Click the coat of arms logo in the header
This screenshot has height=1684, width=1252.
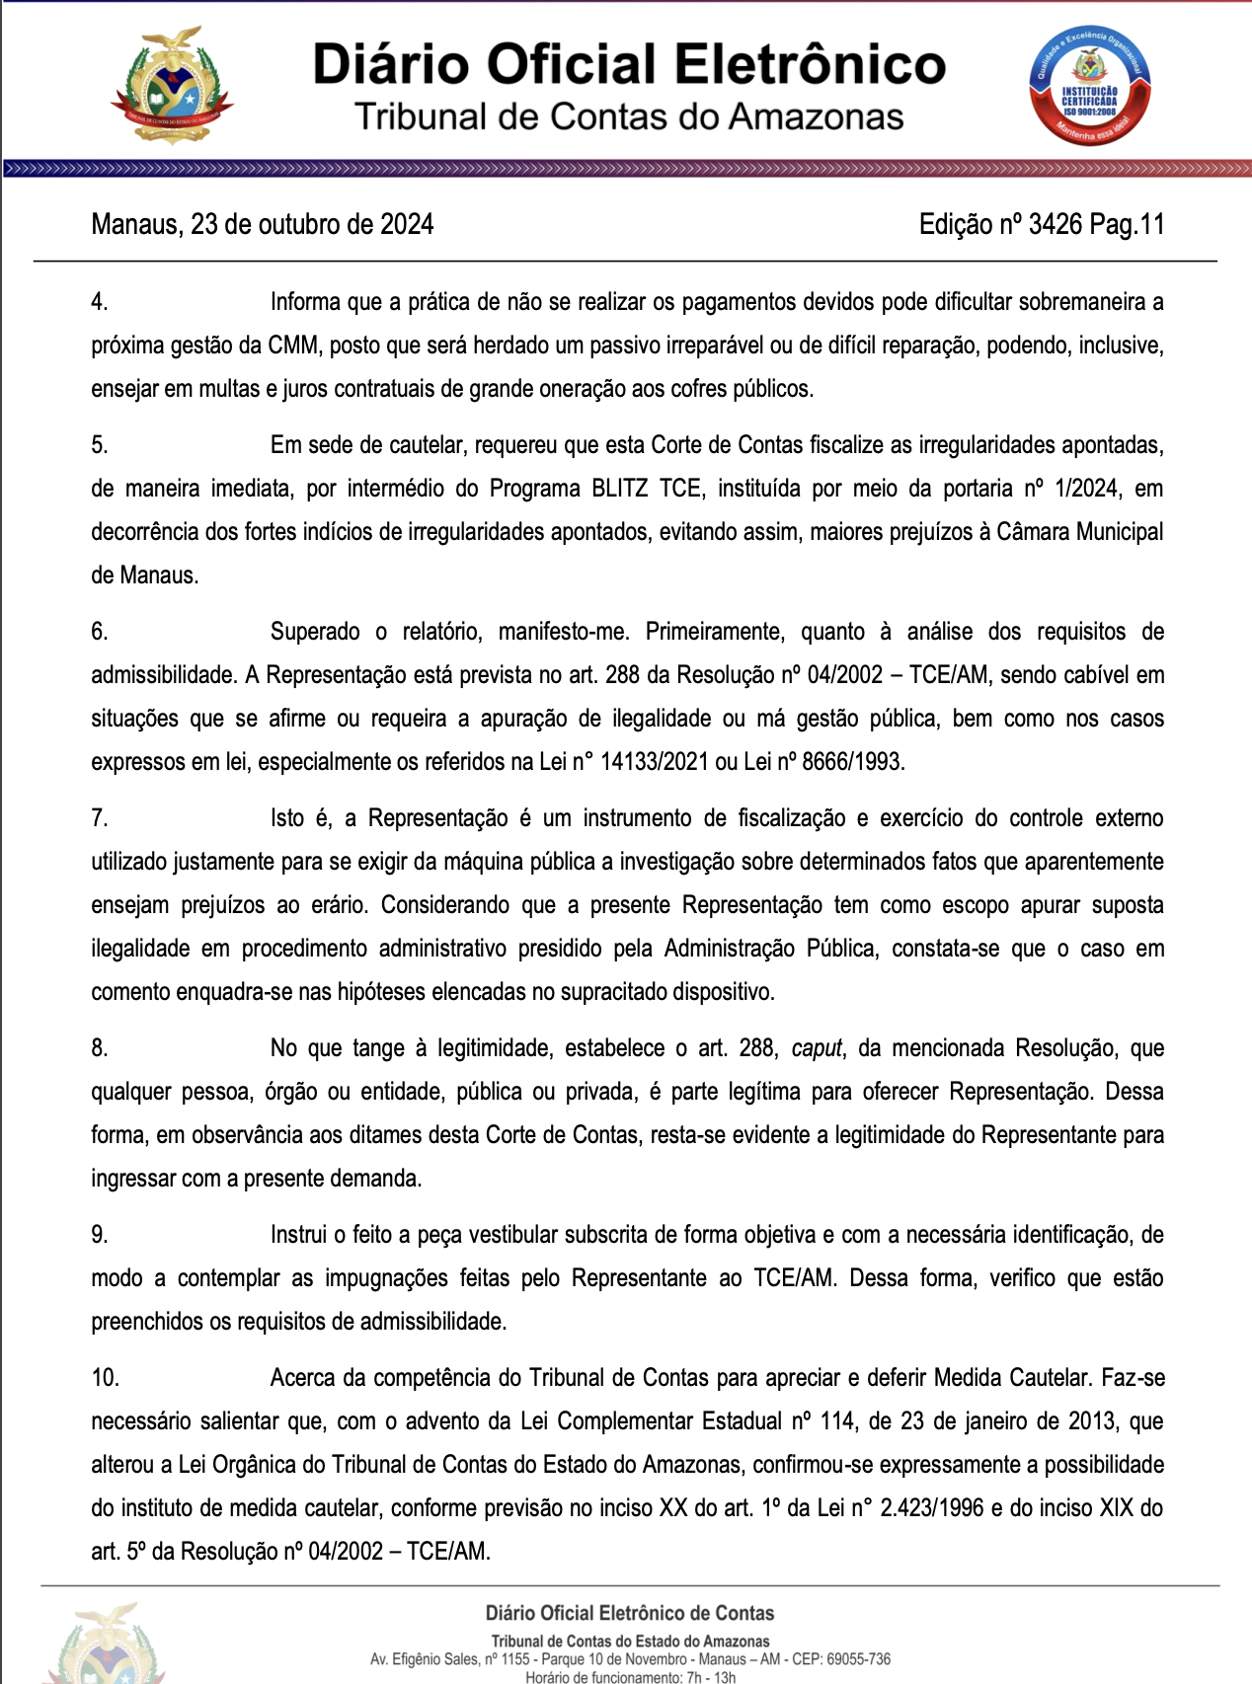[x=172, y=86]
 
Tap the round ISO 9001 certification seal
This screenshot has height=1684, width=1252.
[x=1090, y=87]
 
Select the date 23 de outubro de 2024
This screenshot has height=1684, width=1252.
[x=312, y=225]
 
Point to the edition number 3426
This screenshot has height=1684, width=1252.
[x=1055, y=225]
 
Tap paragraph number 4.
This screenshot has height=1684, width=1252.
[x=100, y=302]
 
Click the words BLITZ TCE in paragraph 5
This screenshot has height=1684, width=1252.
[x=647, y=489]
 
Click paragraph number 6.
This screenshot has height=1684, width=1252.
[x=100, y=632]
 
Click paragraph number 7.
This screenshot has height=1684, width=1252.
[x=100, y=818]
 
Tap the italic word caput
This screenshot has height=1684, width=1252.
[x=817, y=1048]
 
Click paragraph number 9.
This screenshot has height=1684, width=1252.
[x=100, y=1235]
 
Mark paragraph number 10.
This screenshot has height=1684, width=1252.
[x=105, y=1378]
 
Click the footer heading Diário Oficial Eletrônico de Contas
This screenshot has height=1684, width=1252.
[x=629, y=1613]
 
